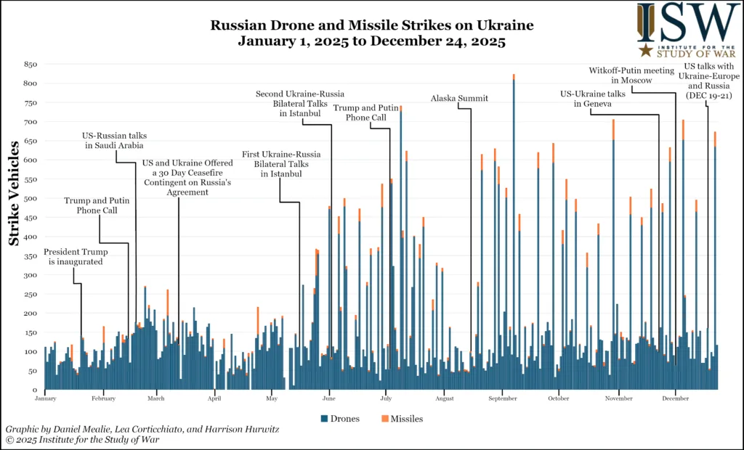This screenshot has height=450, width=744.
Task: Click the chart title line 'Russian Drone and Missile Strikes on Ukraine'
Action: click(x=372, y=25)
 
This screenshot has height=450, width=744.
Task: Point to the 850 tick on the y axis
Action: click(x=30, y=64)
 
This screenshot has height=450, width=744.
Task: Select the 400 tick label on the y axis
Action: click(x=30, y=237)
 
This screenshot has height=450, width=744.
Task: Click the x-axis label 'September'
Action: click(x=502, y=398)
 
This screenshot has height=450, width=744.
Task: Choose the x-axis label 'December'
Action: click(x=676, y=398)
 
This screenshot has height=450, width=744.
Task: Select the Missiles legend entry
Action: click(x=402, y=419)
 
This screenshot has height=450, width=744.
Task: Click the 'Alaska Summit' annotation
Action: click(x=459, y=98)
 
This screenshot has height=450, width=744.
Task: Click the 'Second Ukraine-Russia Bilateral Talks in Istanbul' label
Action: click(x=301, y=104)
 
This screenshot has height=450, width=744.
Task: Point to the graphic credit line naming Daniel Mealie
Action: click(x=142, y=430)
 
